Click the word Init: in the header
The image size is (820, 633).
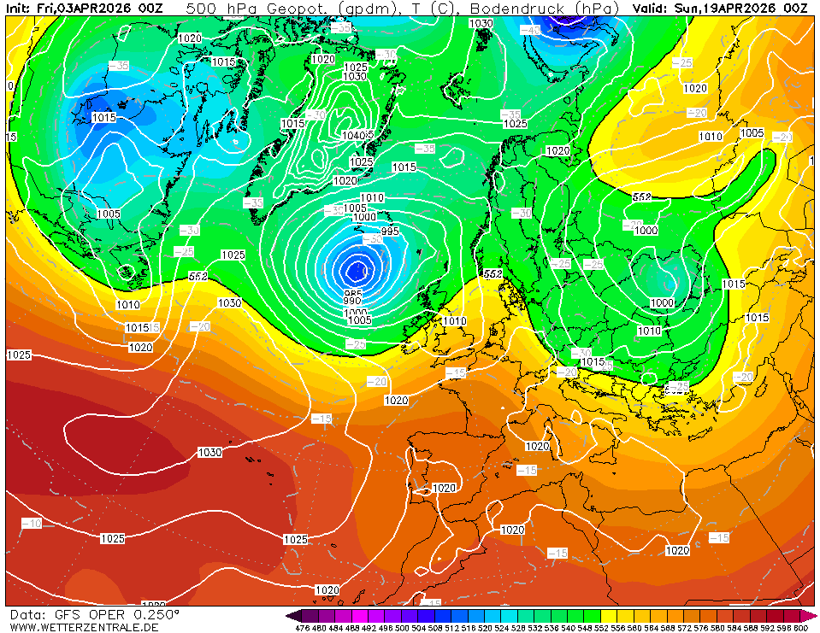[x=19, y=8]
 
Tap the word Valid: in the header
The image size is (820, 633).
[x=653, y=8]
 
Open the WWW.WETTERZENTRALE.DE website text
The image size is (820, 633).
[x=84, y=627]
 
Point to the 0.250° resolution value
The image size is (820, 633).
[x=155, y=614]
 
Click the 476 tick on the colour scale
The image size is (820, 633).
[x=302, y=628]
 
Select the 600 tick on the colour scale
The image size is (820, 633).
[x=800, y=628]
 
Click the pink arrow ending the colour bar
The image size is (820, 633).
[x=811, y=616]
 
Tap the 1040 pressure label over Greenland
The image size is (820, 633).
[x=351, y=135]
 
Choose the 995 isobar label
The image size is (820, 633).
[x=389, y=232]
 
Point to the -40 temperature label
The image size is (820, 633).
[x=531, y=30]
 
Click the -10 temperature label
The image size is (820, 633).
[x=32, y=523]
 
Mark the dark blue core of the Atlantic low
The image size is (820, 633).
[x=356, y=270]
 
